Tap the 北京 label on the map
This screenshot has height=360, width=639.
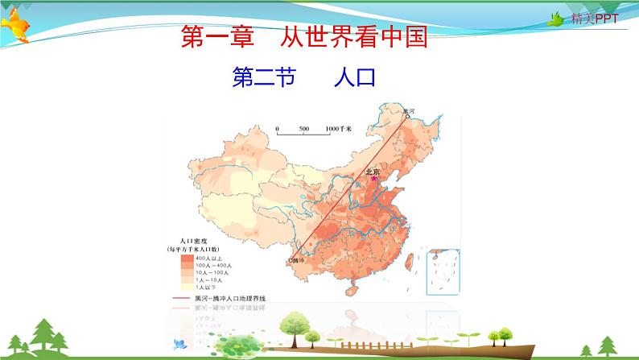click(x=373, y=171)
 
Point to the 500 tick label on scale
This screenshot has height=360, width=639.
click(x=303, y=129)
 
